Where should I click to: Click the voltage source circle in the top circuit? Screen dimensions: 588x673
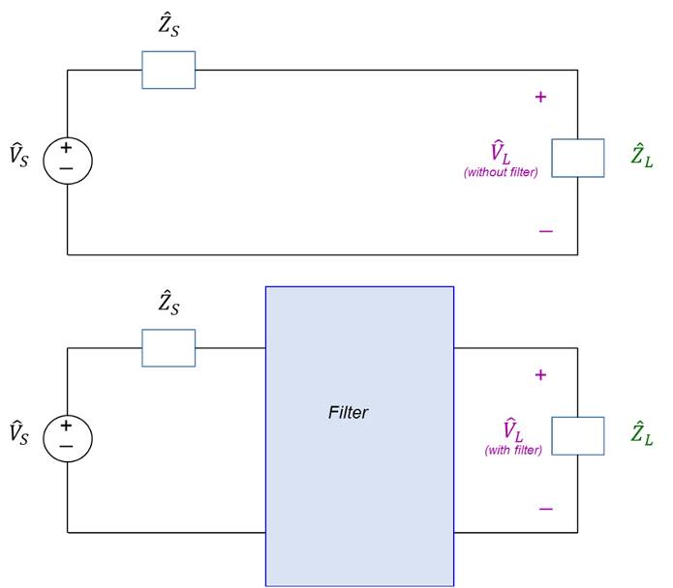[67, 159]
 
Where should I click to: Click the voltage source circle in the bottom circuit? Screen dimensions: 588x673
[67, 436]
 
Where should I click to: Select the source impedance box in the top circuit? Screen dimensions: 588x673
[168, 70]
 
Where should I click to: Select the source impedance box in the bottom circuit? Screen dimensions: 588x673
[168, 348]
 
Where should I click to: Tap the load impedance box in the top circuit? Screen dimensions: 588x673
[578, 158]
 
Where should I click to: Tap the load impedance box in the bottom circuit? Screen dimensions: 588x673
[578, 436]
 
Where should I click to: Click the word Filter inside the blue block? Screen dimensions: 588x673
[348, 413]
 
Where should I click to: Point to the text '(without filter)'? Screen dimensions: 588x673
[501, 172]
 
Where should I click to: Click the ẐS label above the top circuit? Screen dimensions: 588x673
[168, 27]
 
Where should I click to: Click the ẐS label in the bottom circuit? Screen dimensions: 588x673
[168, 305]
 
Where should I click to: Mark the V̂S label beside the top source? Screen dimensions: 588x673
[19, 155]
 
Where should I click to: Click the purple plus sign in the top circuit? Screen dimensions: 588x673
[540, 97]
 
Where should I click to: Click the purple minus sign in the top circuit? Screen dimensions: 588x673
[546, 231]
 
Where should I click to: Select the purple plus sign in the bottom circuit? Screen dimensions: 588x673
[540, 375]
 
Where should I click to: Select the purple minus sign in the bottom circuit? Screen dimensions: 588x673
[546, 509]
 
